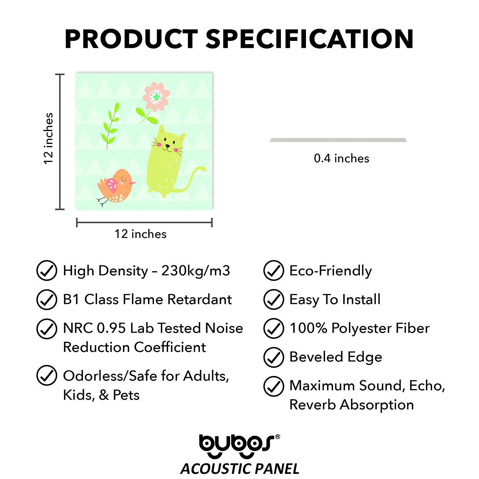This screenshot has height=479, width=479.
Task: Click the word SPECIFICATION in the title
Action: coord(309,39)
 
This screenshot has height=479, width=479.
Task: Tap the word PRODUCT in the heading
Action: coord(131,39)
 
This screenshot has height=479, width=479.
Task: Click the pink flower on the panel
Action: coord(156,97)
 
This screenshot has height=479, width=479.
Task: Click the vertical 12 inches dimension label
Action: coord(48,139)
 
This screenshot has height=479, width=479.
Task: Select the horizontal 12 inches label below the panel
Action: coord(141,234)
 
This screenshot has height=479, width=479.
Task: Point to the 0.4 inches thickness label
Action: coord(341,158)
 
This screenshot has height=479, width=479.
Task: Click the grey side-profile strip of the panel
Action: coord(338,140)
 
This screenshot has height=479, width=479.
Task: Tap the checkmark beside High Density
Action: coord(47,270)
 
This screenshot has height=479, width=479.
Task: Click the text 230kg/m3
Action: coord(195,271)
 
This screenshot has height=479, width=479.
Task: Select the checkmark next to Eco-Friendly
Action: coord(274,270)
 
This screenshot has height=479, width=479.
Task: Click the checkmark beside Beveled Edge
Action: coord(274,357)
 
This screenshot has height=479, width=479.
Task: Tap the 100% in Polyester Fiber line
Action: coord(308,328)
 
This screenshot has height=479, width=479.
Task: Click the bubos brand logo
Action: coord(240,446)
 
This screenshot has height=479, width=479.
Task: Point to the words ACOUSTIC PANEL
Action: coord(240,469)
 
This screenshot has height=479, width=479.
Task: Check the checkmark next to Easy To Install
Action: coord(274,299)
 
